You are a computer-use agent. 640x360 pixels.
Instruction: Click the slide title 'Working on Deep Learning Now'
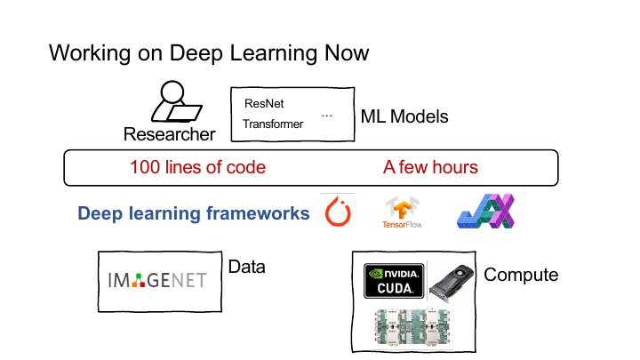(x=209, y=53)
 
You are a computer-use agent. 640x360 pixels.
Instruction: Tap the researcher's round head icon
(x=172, y=92)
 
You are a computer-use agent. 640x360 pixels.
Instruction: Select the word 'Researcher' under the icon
(x=170, y=134)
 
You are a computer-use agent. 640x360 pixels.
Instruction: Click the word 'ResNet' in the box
(x=264, y=104)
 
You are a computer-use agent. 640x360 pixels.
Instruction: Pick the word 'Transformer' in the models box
(x=273, y=124)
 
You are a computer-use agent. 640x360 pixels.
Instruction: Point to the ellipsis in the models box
(x=326, y=116)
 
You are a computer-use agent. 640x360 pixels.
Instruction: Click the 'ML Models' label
(x=404, y=116)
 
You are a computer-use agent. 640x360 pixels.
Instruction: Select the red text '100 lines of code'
(x=198, y=167)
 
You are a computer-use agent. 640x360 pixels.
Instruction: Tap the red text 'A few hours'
(x=430, y=167)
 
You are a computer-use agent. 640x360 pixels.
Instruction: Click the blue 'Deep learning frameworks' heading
(x=194, y=213)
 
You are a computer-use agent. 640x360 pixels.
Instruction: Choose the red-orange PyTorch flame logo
(x=338, y=212)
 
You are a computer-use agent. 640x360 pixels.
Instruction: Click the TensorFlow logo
(x=402, y=212)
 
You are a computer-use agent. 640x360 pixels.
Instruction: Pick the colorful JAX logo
(x=485, y=211)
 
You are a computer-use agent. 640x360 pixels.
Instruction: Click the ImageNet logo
(x=157, y=280)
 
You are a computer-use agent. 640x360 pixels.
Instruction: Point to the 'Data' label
(x=246, y=267)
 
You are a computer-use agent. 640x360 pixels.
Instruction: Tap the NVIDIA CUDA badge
(x=394, y=281)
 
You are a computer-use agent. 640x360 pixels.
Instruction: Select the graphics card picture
(x=452, y=283)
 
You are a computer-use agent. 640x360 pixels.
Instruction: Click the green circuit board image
(x=412, y=327)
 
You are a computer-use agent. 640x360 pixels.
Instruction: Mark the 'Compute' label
(x=521, y=275)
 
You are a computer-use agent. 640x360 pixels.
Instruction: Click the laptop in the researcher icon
(x=185, y=114)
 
